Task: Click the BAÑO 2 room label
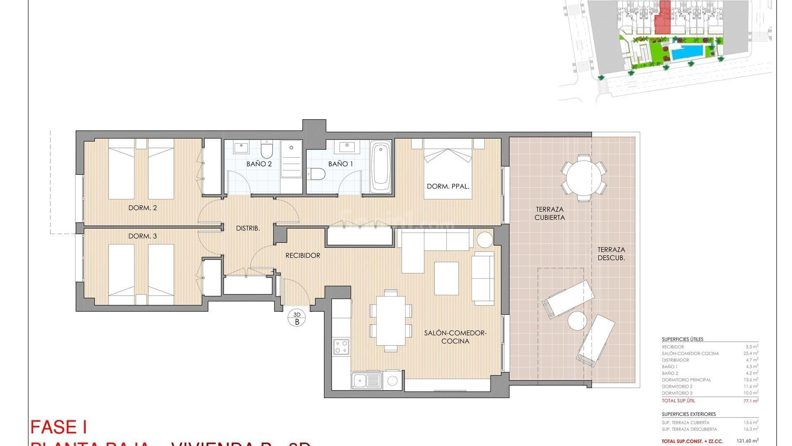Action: tap(259, 164)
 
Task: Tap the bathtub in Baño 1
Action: tap(380, 167)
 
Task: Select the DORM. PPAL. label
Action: tap(448, 187)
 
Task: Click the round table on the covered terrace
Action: tap(583, 178)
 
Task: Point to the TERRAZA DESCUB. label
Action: tap(611, 254)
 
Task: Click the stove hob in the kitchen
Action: tap(341, 346)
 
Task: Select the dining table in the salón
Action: tap(391, 320)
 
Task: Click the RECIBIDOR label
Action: tap(303, 256)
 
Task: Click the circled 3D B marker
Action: tap(297, 318)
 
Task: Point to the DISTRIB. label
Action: tap(247, 228)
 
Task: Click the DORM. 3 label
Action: tap(142, 236)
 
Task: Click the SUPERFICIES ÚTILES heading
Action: tap(682, 339)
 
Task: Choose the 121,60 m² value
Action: tap(747, 441)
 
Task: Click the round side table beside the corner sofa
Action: tap(485, 240)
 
